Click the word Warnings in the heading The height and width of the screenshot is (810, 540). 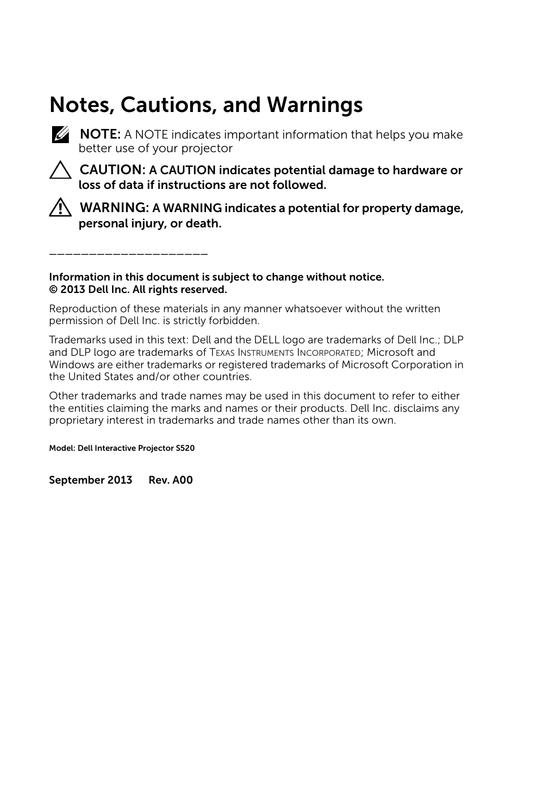pos(315,105)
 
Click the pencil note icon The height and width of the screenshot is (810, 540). pos(60,135)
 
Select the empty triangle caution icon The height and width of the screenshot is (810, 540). pos(60,170)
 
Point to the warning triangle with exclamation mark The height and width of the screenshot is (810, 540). pos(60,208)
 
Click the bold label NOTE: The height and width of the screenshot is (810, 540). pos(100,135)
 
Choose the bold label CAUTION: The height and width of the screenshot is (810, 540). pos(113,170)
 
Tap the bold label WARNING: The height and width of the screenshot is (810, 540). pos(114,208)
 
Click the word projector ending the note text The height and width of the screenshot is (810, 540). pos(207,149)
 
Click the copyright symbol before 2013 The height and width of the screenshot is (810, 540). pos(53,290)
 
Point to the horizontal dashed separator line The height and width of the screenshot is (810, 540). pos(128,254)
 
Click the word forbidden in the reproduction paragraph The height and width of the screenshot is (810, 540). pos(235,321)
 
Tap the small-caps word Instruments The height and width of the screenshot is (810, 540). pos(265,353)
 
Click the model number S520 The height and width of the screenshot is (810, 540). pos(185,449)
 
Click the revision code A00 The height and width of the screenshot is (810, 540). pos(183,480)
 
